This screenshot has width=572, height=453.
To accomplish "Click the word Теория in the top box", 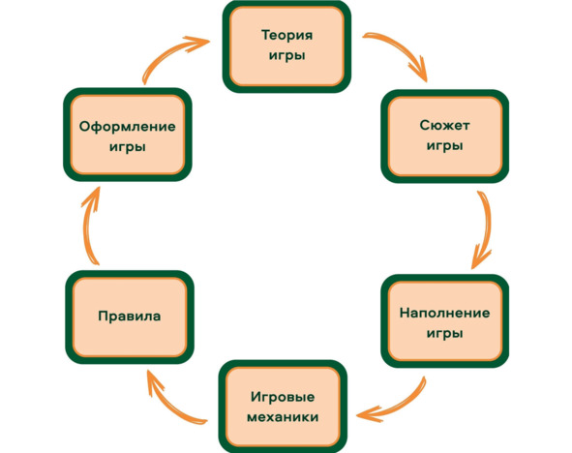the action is [x=287, y=36].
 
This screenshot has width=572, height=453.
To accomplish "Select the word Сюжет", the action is [x=444, y=126].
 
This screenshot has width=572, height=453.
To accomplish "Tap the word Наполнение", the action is [x=444, y=313].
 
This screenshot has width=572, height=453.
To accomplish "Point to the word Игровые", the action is [x=283, y=397].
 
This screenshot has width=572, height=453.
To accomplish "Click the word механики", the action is [x=283, y=417].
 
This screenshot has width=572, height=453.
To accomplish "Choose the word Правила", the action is [x=130, y=316].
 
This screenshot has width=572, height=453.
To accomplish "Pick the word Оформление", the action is [x=128, y=127].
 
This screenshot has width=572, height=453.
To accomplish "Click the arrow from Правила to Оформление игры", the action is [x=86, y=226].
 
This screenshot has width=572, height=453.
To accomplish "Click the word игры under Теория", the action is [x=287, y=56].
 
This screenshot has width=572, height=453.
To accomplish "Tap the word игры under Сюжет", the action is [x=444, y=146].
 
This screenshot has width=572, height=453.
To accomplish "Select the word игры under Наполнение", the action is [x=444, y=333].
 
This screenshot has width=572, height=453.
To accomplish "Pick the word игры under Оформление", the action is [x=128, y=147].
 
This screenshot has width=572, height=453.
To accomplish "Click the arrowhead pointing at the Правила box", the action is [x=153, y=381].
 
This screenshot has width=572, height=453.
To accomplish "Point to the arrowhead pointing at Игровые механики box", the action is [x=369, y=414].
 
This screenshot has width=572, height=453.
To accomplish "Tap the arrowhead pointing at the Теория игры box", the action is [x=198, y=43].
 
